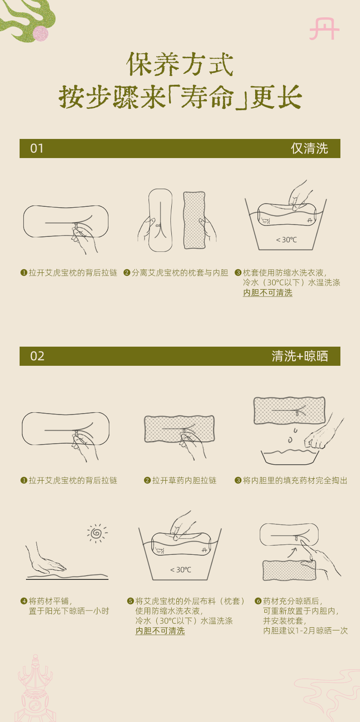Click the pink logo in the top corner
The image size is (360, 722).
coord(324,29)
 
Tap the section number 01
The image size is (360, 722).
coord(37,148)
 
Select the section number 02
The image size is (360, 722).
coord(37,356)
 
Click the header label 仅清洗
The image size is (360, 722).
coord(309,148)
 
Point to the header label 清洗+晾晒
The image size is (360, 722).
coord(300,356)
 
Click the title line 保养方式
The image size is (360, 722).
coord(180,64)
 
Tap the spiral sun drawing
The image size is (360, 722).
coord(97,533)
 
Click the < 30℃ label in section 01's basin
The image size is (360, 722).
coord(286,240)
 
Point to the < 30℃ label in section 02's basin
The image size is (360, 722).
coord(180,570)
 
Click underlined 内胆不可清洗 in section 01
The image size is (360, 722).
coord(268,292)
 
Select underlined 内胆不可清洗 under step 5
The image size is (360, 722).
coord(160,631)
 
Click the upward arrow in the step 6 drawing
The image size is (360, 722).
coord(292,552)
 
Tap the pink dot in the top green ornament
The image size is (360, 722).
coord(40,34)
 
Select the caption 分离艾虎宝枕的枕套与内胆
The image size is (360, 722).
coord(180,273)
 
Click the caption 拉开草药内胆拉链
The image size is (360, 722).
coord(184,480)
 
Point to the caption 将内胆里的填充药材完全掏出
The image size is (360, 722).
coord(295,480)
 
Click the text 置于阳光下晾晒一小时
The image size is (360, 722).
coord(69,611)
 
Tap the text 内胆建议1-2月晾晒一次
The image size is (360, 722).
coord(305,630)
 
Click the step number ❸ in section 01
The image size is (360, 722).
coord(238,273)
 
